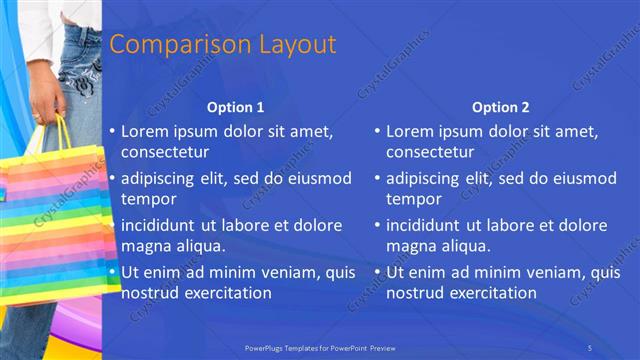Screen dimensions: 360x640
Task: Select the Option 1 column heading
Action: coord(236,107)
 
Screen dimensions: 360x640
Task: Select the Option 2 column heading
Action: coord(501,107)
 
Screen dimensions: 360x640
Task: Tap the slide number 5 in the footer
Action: coord(591,347)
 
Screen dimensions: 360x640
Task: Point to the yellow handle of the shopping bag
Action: coord(62,135)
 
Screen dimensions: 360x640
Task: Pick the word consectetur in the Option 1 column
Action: coord(165,152)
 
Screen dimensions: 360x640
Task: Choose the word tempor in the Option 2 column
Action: coord(407,198)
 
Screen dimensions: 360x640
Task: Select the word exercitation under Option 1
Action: coord(229,293)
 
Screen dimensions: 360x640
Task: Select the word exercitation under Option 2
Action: coord(494,293)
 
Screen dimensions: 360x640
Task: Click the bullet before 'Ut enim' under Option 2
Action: coord(378,272)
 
